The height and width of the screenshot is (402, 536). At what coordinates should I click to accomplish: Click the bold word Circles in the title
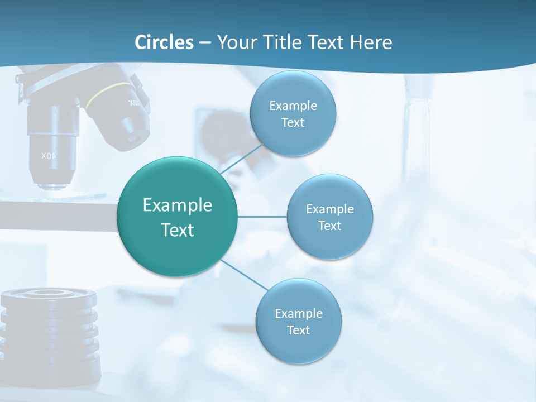pyautogui.click(x=164, y=42)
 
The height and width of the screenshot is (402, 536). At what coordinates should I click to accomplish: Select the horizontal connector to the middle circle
pyautogui.click(x=262, y=217)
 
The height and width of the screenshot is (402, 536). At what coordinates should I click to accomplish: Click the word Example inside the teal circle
pyautogui.click(x=178, y=205)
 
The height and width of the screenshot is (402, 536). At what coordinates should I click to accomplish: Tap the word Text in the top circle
pyautogui.click(x=293, y=123)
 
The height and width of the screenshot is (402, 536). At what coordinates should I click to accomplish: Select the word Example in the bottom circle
pyautogui.click(x=298, y=313)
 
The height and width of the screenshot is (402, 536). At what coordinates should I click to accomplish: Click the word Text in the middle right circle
pyautogui.click(x=329, y=226)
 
